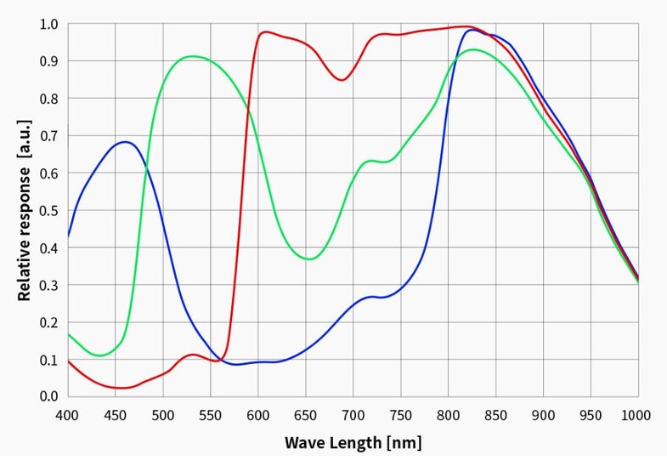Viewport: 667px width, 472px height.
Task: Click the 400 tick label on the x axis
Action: (67, 415)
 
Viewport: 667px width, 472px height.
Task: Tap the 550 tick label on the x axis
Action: (210, 415)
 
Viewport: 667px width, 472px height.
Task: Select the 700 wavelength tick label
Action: (353, 415)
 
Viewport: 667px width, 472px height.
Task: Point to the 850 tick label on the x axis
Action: (495, 415)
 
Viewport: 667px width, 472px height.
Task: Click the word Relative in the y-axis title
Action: (25, 266)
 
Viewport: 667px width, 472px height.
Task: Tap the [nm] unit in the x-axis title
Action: (404, 443)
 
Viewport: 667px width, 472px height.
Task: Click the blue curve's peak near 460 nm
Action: (125, 142)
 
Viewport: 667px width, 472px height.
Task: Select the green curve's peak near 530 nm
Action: (193, 57)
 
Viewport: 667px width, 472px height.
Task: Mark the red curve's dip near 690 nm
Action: (342, 80)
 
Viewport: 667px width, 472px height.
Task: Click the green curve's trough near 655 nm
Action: (310, 259)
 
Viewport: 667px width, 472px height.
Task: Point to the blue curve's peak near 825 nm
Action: (472, 30)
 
